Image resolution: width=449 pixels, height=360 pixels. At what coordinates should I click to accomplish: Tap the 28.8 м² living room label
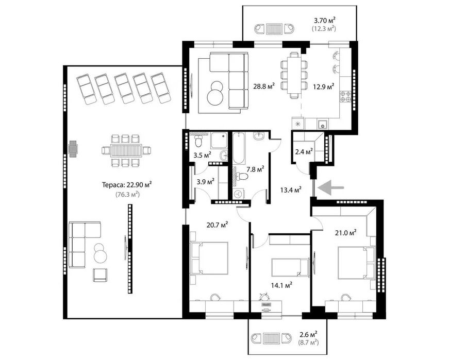point(263,86)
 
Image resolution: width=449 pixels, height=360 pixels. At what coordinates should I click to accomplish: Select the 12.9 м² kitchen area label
point(324,86)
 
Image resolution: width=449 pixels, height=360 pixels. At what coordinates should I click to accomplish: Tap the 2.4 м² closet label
point(304,151)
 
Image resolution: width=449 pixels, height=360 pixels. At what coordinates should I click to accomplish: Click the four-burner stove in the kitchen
point(345,96)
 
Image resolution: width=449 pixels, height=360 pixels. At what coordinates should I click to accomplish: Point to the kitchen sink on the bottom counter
point(322,124)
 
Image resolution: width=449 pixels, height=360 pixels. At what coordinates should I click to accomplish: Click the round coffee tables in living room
point(214,93)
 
